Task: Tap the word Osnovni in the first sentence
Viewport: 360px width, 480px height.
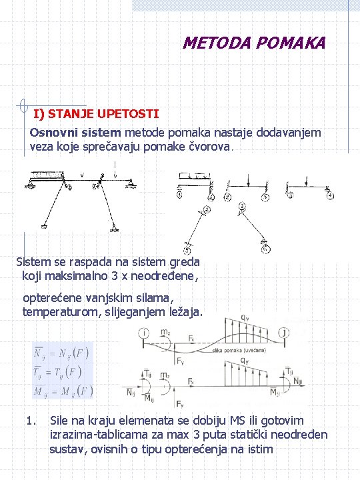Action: click(51, 132)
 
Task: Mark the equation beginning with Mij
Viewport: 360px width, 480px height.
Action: click(63, 389)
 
